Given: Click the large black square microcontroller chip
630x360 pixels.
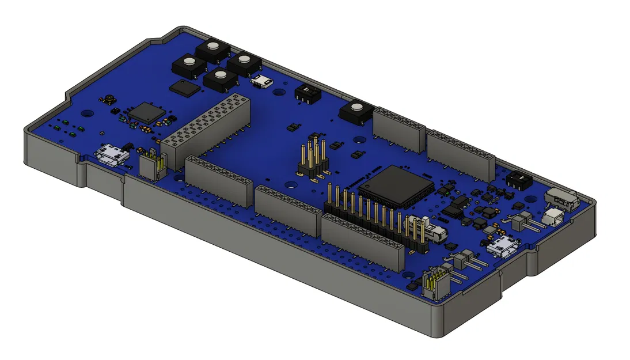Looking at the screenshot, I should click(x=397, y=186).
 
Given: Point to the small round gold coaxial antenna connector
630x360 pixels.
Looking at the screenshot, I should click(x=108, y=102).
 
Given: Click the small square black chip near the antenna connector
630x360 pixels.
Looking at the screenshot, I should click(x=147, y=112).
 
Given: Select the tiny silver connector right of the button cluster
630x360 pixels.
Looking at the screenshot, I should click(x=262, y=81).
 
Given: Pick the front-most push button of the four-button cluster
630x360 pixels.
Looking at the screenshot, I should click(x=219, y=80).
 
